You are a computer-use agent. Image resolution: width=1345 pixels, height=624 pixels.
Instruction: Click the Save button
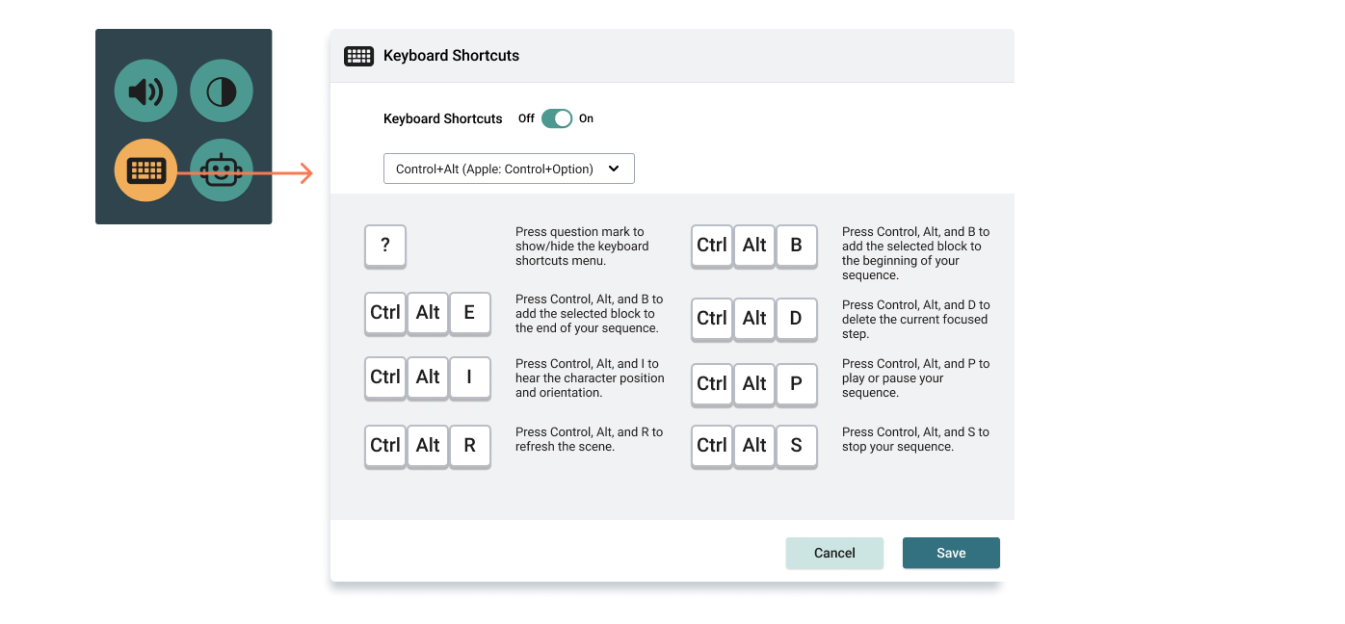951,553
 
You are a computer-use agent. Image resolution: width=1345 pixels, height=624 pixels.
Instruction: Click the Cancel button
834,553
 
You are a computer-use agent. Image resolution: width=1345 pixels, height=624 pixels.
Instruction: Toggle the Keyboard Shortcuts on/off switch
557,118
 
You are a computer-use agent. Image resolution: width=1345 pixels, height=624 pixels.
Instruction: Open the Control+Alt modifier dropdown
509,169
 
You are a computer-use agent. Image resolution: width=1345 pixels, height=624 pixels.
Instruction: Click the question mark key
385,246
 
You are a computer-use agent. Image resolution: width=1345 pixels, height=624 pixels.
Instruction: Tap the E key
470,312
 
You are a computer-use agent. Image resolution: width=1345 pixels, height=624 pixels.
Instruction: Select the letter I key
470,377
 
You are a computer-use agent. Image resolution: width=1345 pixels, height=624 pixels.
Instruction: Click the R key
470,446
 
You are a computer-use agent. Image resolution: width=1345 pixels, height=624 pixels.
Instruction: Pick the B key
796,246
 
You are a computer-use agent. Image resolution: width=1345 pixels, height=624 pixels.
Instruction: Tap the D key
796,319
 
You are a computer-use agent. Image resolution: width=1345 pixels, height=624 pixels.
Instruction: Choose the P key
796,384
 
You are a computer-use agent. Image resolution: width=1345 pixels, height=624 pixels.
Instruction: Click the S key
796,446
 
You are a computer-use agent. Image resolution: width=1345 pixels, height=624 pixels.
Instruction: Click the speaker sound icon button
145,91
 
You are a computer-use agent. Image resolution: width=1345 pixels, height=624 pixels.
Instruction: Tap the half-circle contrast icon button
221,91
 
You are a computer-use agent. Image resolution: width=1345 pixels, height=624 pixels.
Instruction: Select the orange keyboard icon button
145,170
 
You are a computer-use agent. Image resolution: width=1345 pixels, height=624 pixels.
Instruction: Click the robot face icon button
221,170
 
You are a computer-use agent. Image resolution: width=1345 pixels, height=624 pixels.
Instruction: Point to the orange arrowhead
306,173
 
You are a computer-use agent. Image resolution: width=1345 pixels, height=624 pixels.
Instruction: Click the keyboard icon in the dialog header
358,56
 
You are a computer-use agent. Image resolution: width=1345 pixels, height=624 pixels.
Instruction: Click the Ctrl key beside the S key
712,446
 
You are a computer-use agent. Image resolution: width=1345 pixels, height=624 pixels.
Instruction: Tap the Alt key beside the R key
428,446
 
